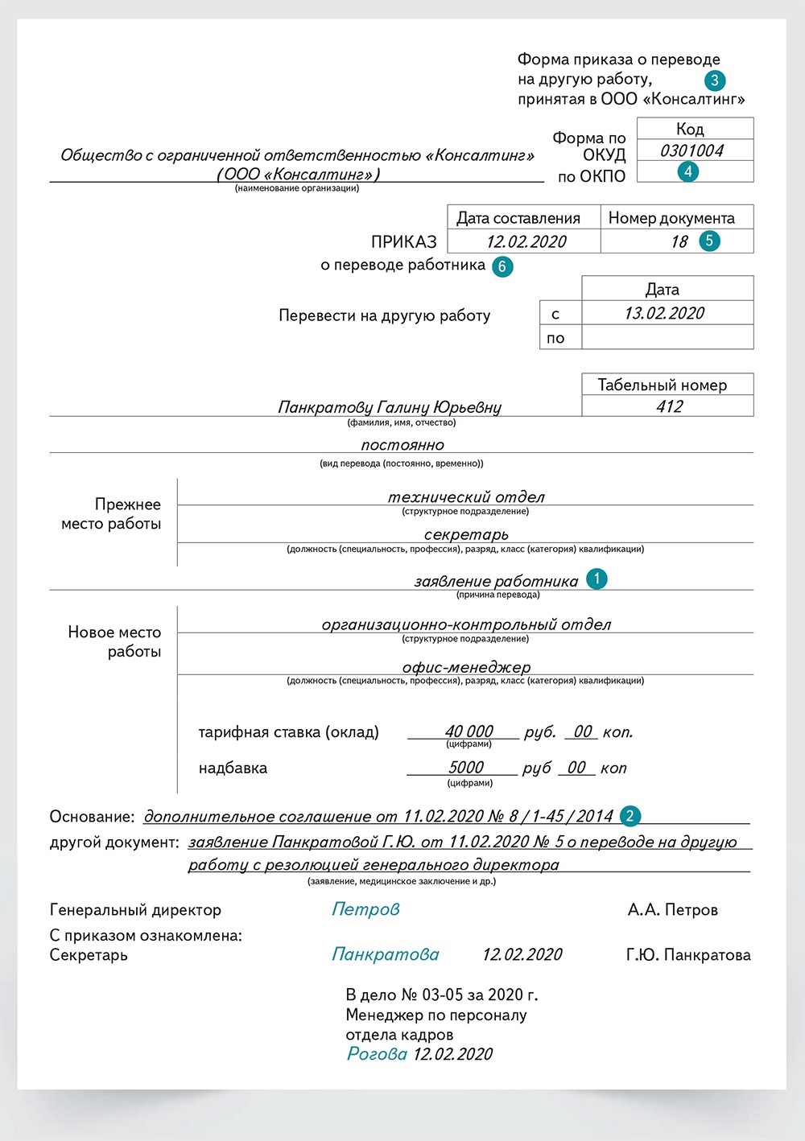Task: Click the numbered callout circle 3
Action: (x=714, y=80)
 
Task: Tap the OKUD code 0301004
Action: (x=691, y=150)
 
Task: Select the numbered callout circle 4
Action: (x=687, y=171)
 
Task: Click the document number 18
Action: (x=679, y=241)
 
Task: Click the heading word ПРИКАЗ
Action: (x=403, y=241)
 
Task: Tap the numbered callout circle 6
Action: (x=502, y=266)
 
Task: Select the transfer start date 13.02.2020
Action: (x=664, y=313)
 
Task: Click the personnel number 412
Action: (x=669, y=406)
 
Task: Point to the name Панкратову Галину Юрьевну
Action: (x=390, y=407)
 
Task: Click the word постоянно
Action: (x=402, y=445)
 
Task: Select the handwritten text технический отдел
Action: (x=466, y=497)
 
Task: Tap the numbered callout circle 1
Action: (x=597, y=579)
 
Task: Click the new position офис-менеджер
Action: (x=466, y=667)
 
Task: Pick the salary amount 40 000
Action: (x=469, y=731)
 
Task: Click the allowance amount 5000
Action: (x=466, y=768)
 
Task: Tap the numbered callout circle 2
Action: (x=630, y=816)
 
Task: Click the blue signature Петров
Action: (x=365, y=909)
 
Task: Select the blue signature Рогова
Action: (x=377, y=1054)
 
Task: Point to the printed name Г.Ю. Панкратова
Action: (x=688, y=955)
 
